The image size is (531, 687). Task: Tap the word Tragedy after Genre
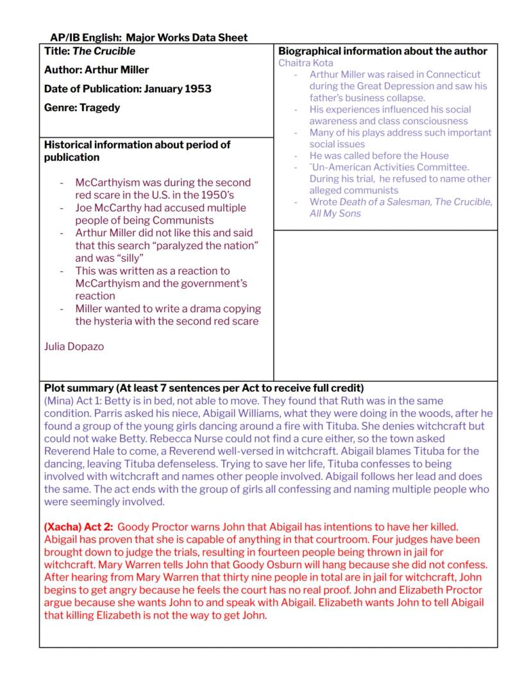click(99, 107)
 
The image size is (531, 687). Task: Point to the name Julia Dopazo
click(74, 346)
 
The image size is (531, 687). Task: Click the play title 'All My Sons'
click(335, 213)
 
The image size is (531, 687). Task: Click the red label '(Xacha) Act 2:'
click(79, 527)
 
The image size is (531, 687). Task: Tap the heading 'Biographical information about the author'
click(383, 51)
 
